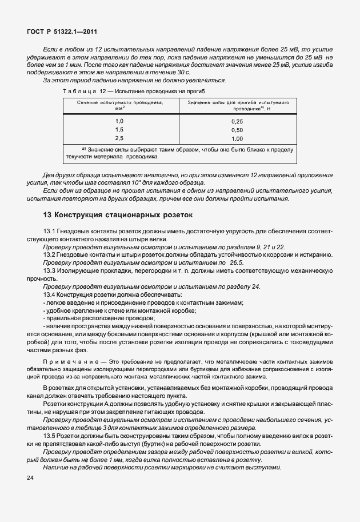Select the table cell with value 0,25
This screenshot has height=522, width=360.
[x=237, y=122]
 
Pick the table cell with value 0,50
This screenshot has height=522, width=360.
[x=237, y=130]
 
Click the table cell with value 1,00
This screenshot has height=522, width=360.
[x=237, y=139]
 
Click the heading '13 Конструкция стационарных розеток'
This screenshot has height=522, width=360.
[x=118, y=216]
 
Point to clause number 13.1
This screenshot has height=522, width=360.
[x=50, y=230]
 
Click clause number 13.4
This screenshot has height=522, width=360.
[x=50, y=293]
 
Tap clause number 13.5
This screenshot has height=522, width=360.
[x=50, y=436]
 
